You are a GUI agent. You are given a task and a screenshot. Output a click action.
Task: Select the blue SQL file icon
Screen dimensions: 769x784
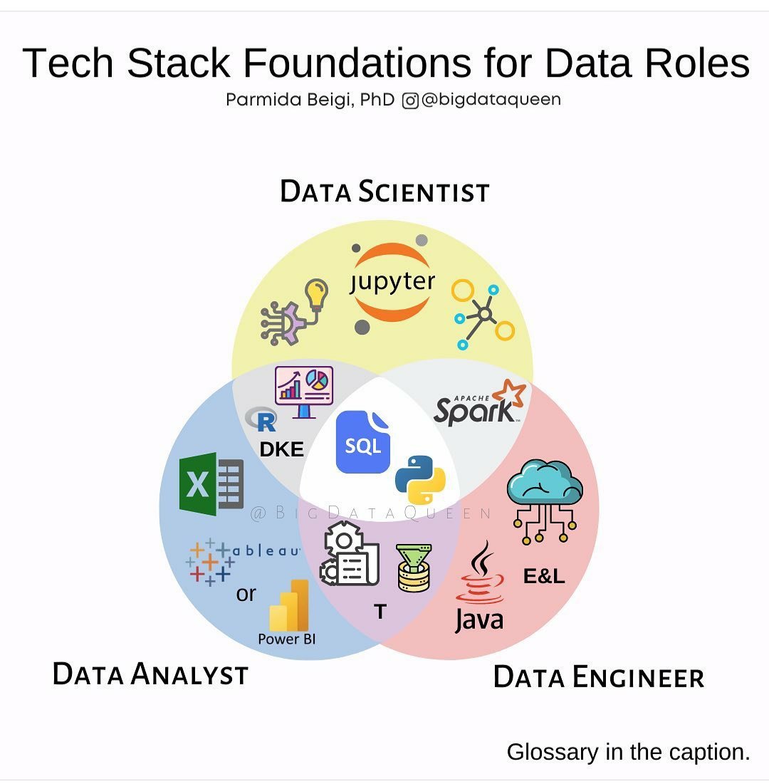pyautogui.click(x=363, y=442)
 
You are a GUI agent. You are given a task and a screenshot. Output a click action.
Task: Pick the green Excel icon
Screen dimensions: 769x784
pyautogui.click(x=211, y=484)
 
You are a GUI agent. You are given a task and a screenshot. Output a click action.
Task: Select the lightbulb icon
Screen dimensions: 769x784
pyautogui.click(x=316, y=293)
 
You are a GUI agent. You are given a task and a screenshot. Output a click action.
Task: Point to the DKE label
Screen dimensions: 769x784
pyautogui.click(x=281, y=449)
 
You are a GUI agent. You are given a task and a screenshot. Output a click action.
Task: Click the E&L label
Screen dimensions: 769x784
pyautogui.click(x=544, y=576)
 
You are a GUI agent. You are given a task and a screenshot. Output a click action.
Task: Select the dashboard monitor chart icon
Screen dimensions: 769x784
pyautogui.click(x=304, y=390)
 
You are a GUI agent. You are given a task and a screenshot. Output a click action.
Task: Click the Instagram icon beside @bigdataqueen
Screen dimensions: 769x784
pyautogui.click(x=410, y=100)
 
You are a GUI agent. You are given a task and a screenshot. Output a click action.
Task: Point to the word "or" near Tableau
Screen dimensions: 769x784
pyautogui.click(x=246, y=593)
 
